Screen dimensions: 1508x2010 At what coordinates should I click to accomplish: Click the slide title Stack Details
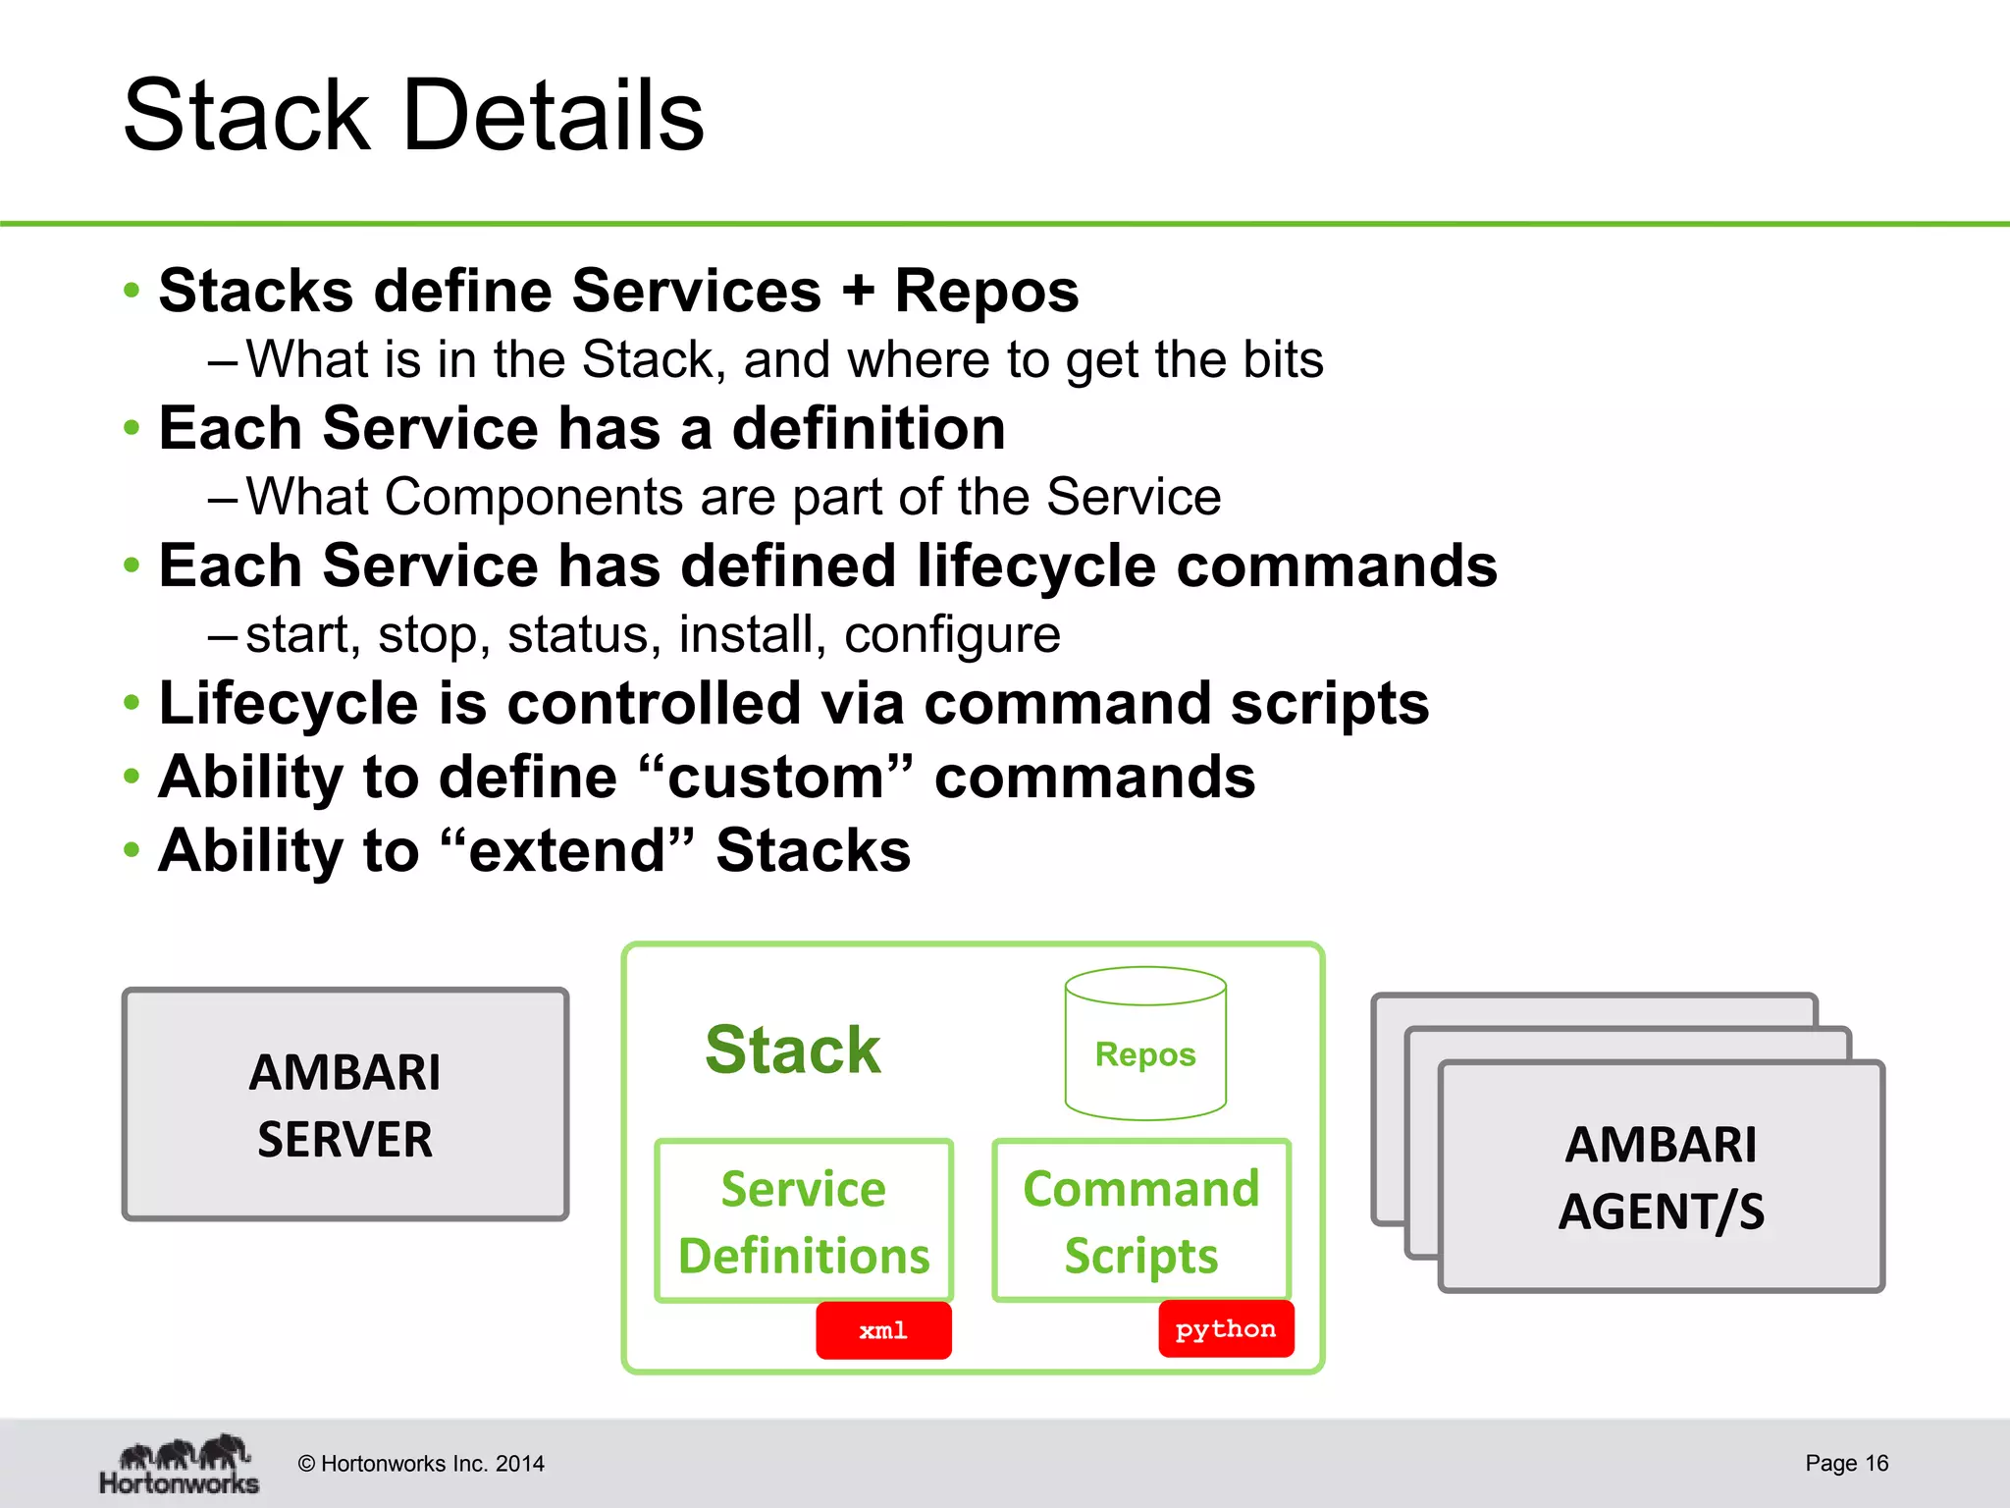(x=413, y=116)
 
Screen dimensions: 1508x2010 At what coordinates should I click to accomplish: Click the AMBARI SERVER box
(x=344, y=1104)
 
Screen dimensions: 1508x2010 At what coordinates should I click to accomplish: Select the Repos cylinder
(x=1145, y=1045)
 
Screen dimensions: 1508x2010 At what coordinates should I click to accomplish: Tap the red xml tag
(x=883, y=1330)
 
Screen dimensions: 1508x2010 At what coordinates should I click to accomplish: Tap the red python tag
(x=1226, y=1328)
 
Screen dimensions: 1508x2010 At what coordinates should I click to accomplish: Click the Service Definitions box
(x=804, y=1221)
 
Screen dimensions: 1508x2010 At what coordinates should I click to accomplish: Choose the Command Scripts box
(x=1141, y=1221)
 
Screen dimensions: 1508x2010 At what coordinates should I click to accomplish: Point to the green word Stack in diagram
(x=793, y=1050)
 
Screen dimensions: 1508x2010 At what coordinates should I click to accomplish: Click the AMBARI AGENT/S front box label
(x=1661, y=1177)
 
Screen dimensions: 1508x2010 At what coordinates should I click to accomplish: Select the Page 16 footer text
(x=1846, y=1463)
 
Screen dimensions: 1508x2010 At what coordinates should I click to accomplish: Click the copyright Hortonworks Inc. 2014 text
(x=421, y=1464)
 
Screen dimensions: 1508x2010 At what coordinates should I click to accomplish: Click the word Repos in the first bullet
(x=986, y=292)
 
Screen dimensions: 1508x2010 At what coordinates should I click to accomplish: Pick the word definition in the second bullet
(x=869, y=429)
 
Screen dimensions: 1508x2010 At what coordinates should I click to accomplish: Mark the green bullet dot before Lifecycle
(x=132, y=704)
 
